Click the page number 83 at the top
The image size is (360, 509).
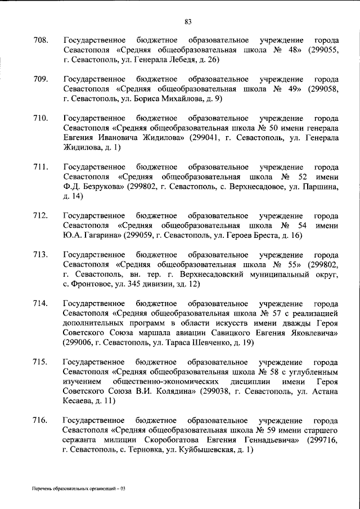coord(188,22)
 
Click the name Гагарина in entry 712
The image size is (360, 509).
coord(101,235)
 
